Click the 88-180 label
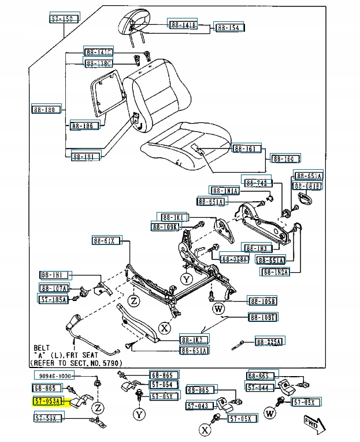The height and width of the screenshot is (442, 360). click(46, 109)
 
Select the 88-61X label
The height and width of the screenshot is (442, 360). click(106, 240)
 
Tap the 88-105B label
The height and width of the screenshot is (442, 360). click(262, 300)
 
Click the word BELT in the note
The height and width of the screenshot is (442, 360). click(42, 348)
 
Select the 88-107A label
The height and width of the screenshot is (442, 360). click(54, 288)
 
